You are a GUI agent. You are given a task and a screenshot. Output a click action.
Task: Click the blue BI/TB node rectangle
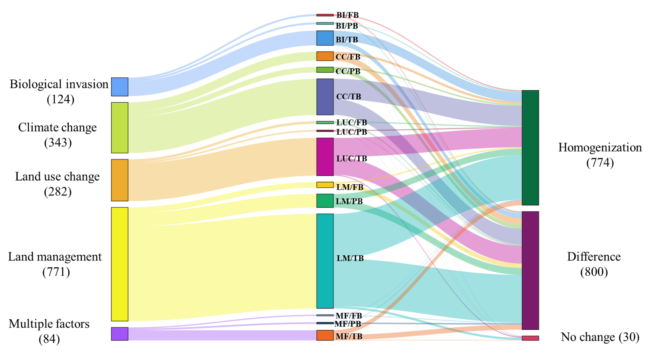(325, 38)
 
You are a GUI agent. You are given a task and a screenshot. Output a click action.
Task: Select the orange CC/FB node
(325, 56)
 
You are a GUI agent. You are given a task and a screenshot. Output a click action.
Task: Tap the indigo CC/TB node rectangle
(325, 97)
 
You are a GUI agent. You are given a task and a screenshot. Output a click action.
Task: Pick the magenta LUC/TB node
(325, 157)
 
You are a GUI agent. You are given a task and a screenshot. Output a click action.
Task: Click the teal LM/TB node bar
(325, 261)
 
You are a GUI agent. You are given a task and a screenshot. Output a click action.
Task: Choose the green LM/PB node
(325, 201)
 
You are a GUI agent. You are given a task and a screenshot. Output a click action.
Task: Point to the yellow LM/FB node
(325, 185)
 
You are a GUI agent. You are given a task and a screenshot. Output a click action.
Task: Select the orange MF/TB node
(325, 335)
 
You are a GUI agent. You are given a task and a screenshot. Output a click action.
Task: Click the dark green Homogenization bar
(530, 147)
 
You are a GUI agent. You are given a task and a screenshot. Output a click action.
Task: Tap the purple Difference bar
(530, 270)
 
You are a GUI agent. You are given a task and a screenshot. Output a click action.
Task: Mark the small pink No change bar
(530, 338)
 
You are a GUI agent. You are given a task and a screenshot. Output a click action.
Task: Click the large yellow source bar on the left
(119, 264)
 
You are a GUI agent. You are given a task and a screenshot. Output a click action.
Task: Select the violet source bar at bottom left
(119, 334)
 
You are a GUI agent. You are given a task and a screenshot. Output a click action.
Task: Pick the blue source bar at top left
(119, 87)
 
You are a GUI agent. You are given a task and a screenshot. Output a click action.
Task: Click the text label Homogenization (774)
(600, 155)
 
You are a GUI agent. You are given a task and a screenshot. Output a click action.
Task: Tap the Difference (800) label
(594, 264)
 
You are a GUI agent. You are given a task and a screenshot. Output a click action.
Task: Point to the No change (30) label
(600, 337)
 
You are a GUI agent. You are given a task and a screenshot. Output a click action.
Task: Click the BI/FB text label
(347, 15)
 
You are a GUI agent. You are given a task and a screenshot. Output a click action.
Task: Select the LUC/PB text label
(351, 132)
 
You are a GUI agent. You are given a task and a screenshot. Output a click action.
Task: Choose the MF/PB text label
(347, 324)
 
